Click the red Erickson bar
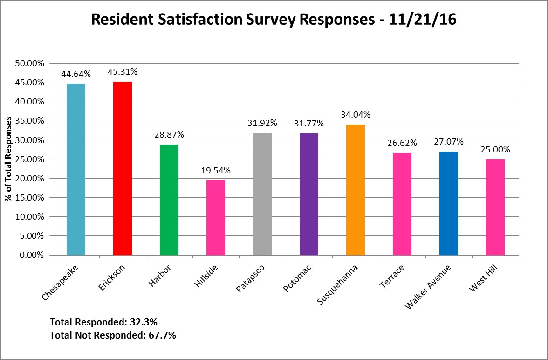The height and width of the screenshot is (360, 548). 123,168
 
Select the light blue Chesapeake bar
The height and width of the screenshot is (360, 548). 76,170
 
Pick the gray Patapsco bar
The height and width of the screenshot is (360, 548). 262,194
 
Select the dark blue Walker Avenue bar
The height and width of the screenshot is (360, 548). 449,203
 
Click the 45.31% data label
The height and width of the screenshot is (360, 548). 123,72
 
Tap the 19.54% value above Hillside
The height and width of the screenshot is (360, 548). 216,170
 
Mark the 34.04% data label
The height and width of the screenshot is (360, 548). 356,115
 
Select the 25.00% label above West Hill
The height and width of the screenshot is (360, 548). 495,150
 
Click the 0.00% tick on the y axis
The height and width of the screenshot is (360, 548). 33,256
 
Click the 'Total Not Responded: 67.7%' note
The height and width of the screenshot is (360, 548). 113,335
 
